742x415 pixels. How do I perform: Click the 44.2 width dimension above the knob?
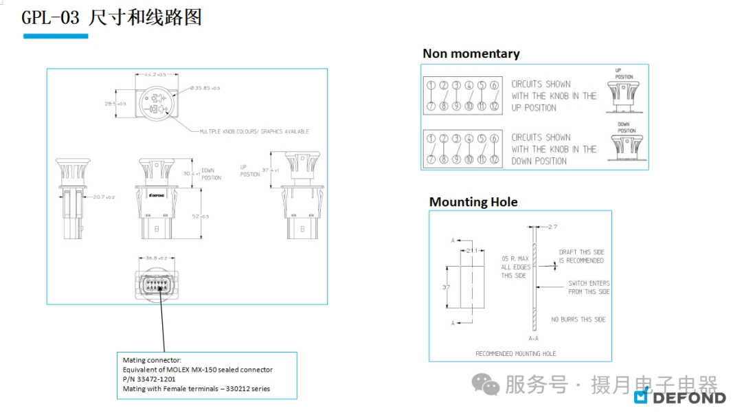156,74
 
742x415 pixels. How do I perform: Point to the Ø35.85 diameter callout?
206,88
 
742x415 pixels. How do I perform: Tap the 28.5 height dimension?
115,104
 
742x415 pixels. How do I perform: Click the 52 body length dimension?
201,216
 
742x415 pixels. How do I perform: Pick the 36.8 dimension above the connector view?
156,258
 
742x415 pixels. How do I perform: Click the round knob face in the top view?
157,103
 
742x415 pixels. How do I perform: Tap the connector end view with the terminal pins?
157,285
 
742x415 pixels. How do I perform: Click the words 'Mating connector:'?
152,360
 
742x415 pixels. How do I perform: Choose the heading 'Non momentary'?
471,54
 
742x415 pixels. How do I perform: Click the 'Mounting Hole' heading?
473,202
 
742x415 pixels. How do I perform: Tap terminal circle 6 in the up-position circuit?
494,85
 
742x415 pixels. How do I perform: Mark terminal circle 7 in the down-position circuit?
431,159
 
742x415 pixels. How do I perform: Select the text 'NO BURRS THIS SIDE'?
578,319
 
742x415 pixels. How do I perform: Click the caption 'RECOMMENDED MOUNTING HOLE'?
515,354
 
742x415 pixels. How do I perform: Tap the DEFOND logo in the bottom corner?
679,396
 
